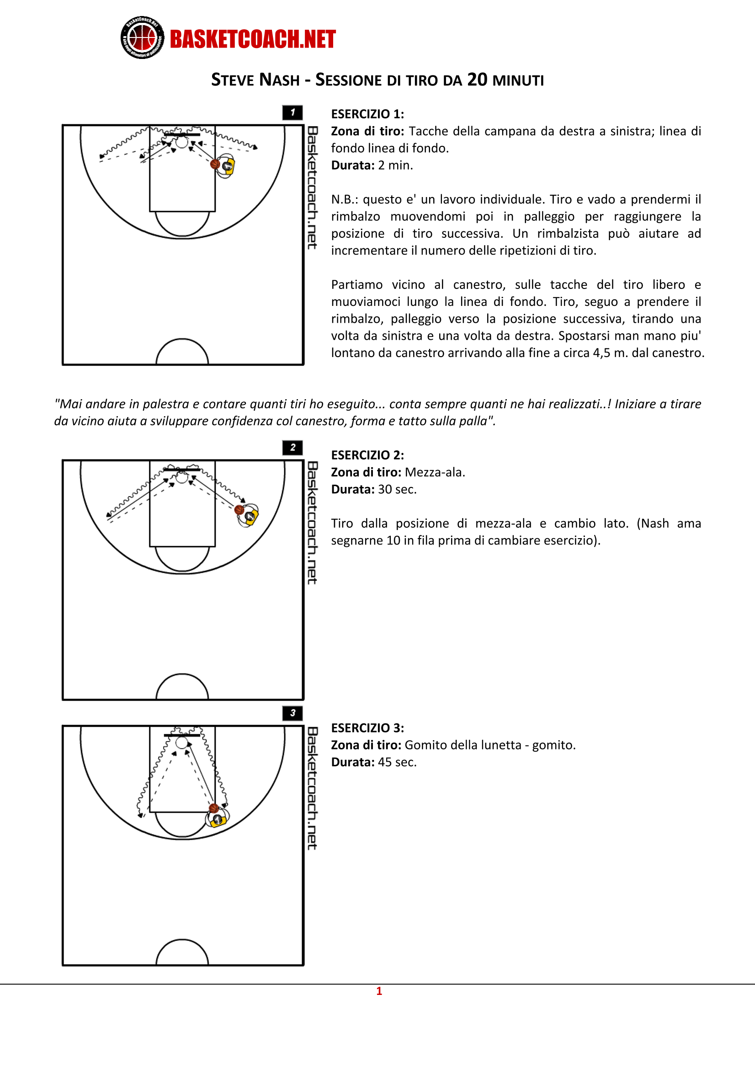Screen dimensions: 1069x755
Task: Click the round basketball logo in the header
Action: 142,37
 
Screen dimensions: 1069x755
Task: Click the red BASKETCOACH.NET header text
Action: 252,39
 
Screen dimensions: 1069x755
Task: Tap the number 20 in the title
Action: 477,80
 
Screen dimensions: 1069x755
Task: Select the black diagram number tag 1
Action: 292,112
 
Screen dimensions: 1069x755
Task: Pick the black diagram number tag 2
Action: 292,448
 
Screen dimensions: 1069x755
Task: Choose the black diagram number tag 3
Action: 292,713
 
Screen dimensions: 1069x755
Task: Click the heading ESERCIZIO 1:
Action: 367,114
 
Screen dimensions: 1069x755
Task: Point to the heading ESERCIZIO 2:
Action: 367,455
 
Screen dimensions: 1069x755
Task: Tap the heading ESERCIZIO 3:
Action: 367,728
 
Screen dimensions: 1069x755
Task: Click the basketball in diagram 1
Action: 215,164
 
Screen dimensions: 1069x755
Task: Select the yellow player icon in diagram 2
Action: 250,516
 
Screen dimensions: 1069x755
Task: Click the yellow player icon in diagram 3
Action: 218,819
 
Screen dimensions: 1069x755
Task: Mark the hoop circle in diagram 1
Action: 181,142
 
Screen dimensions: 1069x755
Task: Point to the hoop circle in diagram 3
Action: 181,743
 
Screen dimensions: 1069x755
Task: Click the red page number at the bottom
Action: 379,991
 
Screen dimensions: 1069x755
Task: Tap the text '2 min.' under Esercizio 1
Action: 395,165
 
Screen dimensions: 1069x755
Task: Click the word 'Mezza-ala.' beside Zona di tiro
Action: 435,472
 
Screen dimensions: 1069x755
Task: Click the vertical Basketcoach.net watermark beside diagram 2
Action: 312,523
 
